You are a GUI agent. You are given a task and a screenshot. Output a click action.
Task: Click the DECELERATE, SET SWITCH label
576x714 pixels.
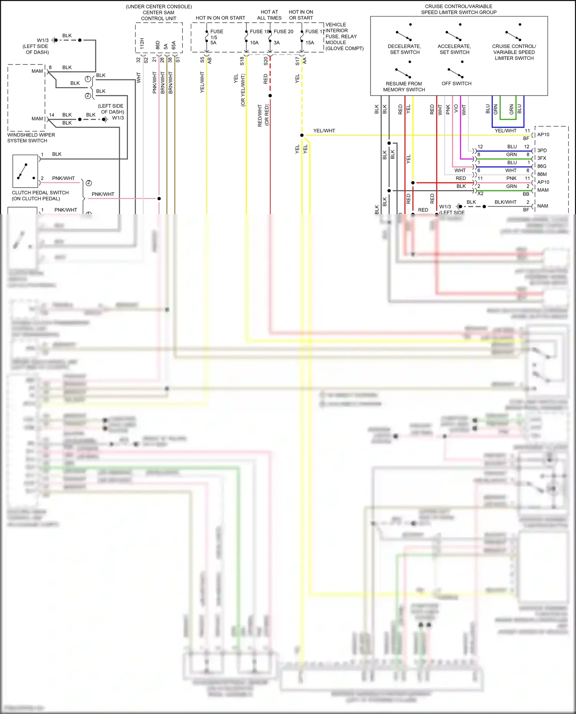point(404,49)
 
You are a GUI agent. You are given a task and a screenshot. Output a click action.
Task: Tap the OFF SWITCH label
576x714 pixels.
point(456,83)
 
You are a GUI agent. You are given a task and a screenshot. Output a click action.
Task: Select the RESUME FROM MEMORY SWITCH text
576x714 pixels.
point(404,86)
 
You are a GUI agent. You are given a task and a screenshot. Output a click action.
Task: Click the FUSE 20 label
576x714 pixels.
point(283,31)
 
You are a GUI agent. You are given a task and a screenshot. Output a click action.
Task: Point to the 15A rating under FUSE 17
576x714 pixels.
point(310,43)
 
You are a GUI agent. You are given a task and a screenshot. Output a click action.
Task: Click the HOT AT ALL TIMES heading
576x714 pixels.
point(269,15)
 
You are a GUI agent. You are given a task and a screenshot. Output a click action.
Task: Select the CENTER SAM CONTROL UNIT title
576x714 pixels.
point(159,15)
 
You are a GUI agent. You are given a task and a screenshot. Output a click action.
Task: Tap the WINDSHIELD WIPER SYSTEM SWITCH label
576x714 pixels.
point(31,138)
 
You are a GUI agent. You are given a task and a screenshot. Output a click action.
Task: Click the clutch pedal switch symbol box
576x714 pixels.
point(25,171)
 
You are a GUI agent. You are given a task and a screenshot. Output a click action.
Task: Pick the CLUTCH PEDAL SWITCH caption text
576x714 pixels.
point(40,195)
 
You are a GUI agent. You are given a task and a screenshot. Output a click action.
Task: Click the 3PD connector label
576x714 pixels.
point(542,150)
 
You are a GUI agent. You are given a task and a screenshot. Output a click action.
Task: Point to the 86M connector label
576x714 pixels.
point(542,174)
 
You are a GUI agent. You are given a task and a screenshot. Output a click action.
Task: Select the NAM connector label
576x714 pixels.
point(542,206)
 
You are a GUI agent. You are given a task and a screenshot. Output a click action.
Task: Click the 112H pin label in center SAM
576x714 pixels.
point(142,43)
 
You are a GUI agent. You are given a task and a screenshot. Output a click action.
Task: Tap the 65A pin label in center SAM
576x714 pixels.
point(174,45)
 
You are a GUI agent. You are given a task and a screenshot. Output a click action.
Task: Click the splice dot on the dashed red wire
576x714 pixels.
point(270,96)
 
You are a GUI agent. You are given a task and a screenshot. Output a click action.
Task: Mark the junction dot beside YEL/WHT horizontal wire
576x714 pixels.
point(302,135)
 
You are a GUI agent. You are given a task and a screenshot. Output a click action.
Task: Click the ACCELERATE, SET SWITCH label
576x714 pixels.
point(454,49)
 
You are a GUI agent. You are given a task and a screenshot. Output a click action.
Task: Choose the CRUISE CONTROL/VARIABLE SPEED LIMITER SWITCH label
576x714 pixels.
point(514,52)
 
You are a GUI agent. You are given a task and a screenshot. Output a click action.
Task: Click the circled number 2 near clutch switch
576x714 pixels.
point(89,183)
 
